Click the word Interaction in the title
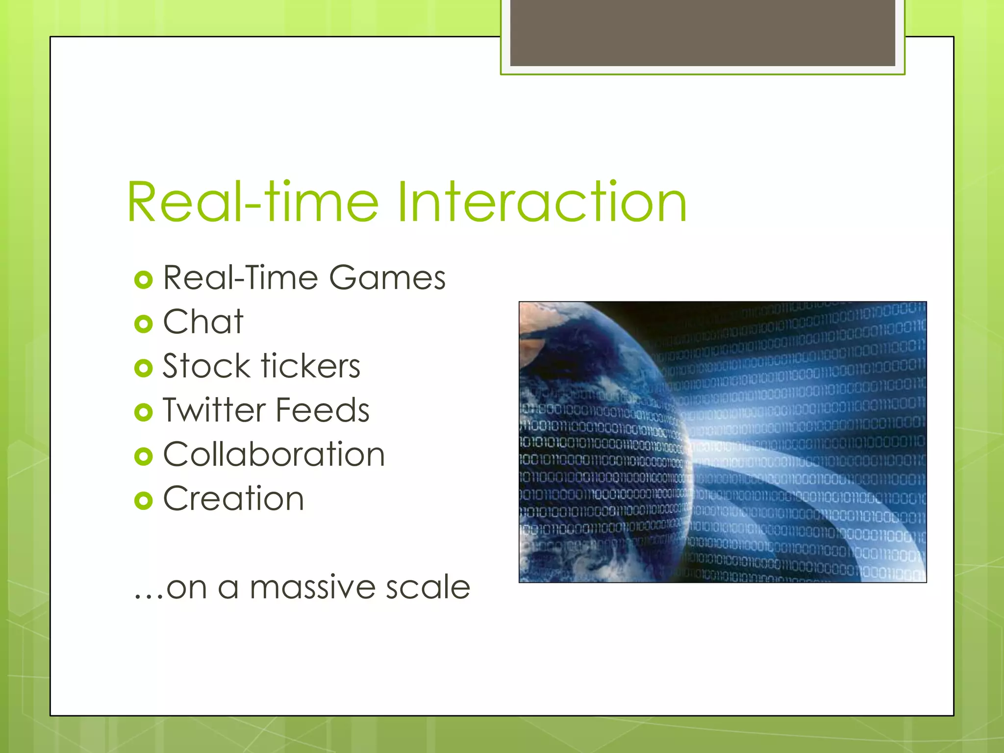(542, 202)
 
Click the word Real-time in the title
(252, 202)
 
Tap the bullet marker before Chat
(143, 324)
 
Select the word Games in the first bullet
(387, 278)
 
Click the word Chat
(203, 322)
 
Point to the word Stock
(206, 366)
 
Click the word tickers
(311, 366)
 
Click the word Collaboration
(274, 454)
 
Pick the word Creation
(233, 499)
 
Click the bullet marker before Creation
(143, 501)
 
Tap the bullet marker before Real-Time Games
(143, 280)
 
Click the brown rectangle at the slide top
(702, 32)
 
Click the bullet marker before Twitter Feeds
(143, 412)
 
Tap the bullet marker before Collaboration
(143, 456)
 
